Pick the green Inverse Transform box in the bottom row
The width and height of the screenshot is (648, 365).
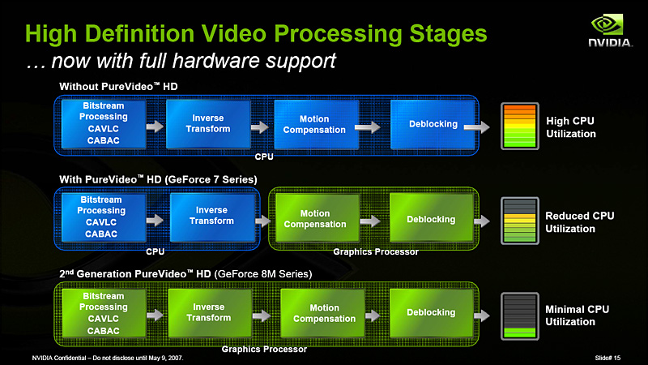coord(208,312)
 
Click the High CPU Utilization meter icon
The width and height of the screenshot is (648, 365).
coord(519,125)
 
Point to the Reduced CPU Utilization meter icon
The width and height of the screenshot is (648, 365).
coord(519,221)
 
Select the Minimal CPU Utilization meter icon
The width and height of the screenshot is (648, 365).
coord(519,315)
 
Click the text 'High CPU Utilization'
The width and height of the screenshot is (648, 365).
coord(571,127)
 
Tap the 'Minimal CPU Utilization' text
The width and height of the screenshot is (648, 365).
coord(576,316)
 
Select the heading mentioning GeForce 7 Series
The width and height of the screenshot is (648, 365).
coord(158,178)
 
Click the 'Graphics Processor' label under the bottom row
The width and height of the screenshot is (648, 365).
coord(264,349)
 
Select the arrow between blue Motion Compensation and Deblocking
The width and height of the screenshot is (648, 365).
coord(367,127)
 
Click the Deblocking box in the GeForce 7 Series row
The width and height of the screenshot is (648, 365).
coord(430,219)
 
